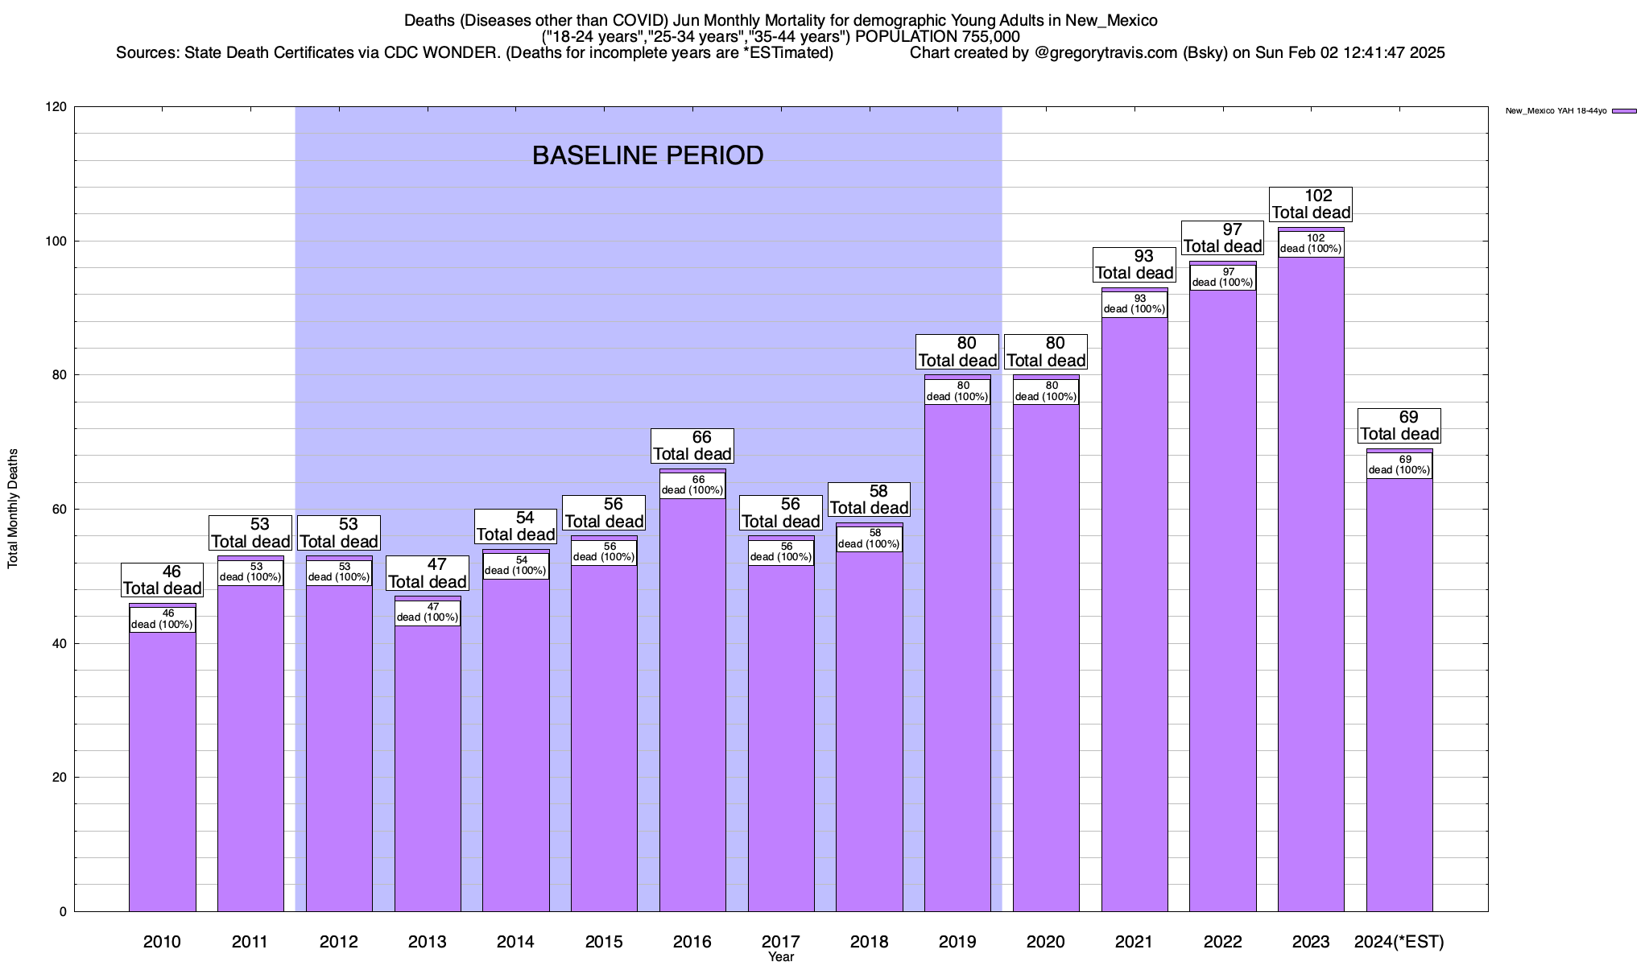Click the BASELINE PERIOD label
pos(647,155)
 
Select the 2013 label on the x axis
pos(427,942)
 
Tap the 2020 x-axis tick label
pos(1046,942)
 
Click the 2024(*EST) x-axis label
pos(1399,942)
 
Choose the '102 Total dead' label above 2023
pos(1311,204)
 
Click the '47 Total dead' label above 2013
pos(428,573)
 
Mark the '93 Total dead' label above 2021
pos(1134,265)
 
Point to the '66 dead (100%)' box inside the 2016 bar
pos(692,485)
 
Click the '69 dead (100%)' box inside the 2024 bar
pos(1399,465)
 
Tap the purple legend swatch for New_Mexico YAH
pos(1624,111)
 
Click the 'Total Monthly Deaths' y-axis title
pos(13,509)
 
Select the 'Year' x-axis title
pos(780,957)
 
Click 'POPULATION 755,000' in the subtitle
pos(937,37)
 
